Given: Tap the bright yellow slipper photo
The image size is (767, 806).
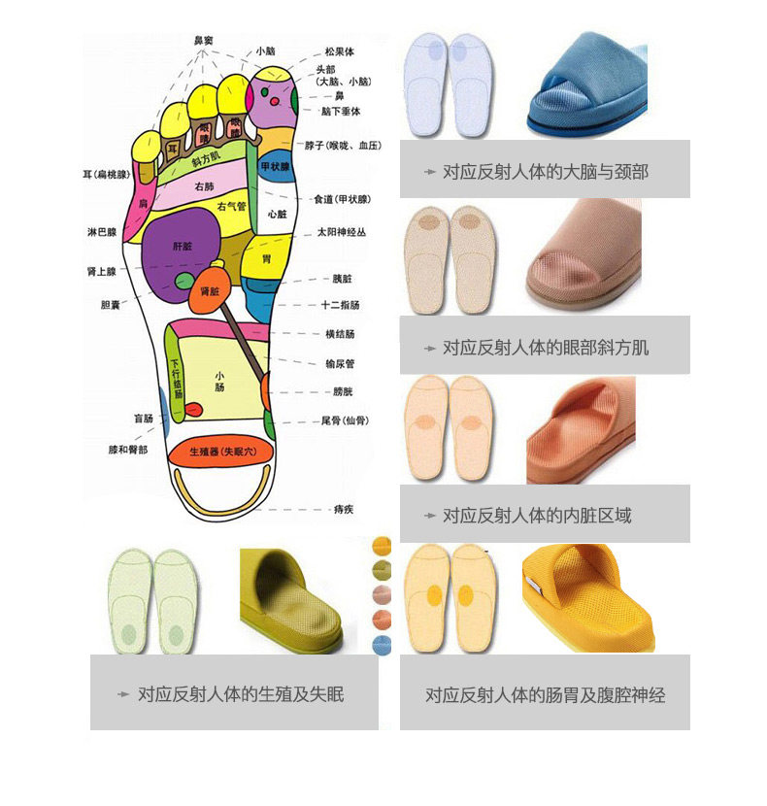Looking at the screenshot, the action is (x=588, y=597).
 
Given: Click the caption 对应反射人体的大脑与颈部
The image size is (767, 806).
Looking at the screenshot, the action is (x=545, y=172).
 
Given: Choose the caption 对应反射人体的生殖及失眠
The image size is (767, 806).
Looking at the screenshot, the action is (x=241, y=693).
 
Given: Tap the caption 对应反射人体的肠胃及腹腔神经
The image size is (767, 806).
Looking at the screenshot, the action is (x=545, y=694).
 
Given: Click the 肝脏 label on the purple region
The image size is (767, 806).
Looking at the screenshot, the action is (x=183, y=247).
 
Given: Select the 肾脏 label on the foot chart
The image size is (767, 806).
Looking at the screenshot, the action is (x=210, y=290).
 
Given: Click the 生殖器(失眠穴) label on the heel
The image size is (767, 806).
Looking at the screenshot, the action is (x=219, y=452).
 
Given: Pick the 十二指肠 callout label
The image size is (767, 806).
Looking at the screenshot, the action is (x=340, y=305).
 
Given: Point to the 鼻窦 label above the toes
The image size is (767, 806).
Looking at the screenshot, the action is (x=205, y=40).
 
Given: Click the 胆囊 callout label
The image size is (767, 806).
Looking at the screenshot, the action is (x=111, y=304).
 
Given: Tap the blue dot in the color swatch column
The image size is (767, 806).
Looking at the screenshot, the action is (x=382, y=645).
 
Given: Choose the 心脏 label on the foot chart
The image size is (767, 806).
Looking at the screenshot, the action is (x=277, y=214).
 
